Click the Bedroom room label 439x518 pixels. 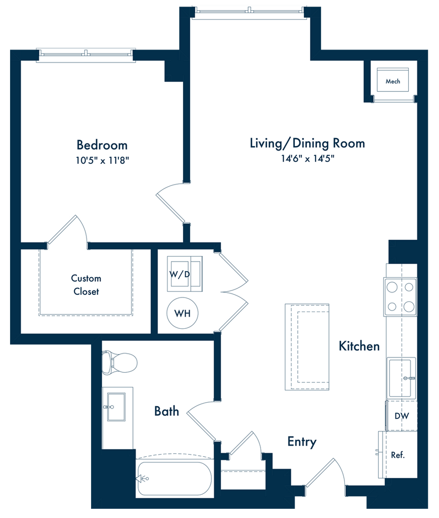[102, 145]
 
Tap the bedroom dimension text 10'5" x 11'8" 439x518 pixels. [102, 160]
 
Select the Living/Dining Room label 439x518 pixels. [307, 143]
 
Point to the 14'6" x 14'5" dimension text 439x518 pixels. [308, 158]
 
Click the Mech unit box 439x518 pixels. [393, 80]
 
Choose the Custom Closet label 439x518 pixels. [86, 285]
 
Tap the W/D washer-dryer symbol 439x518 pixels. [185, 274]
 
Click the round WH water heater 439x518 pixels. [183, 313]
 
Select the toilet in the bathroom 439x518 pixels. [119, 363]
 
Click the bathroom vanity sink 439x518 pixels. [116, 407]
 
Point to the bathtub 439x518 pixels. [174, 478]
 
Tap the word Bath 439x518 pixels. [167, 411]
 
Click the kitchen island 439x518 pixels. [307, 347]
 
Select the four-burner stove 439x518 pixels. [401, 297]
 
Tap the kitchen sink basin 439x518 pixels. [401, 378]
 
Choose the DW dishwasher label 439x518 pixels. [402, 416]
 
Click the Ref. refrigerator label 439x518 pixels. [398, 455]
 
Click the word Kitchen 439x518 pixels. [359, 346]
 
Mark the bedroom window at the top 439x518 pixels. [86, 55]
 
